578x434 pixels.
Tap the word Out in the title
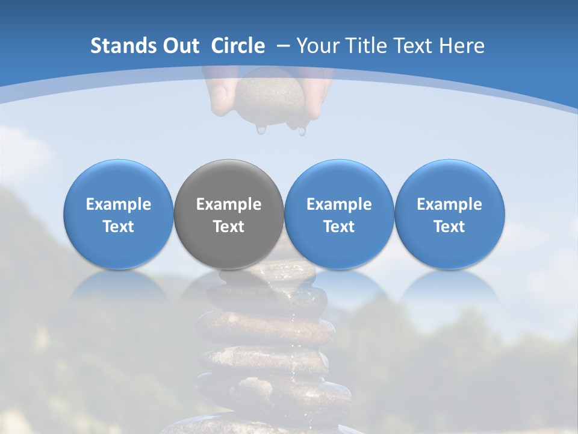[180, 46]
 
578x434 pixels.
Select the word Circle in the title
[238, 46]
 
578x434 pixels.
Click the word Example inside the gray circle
[229, 204]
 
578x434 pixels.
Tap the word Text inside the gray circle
[229, 227]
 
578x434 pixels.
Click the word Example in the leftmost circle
[119, 204]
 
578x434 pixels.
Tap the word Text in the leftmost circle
[119, 227]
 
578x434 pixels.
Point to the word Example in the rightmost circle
[449, 204]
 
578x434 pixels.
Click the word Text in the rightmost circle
[449, 227]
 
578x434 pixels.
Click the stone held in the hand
[270, 96]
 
